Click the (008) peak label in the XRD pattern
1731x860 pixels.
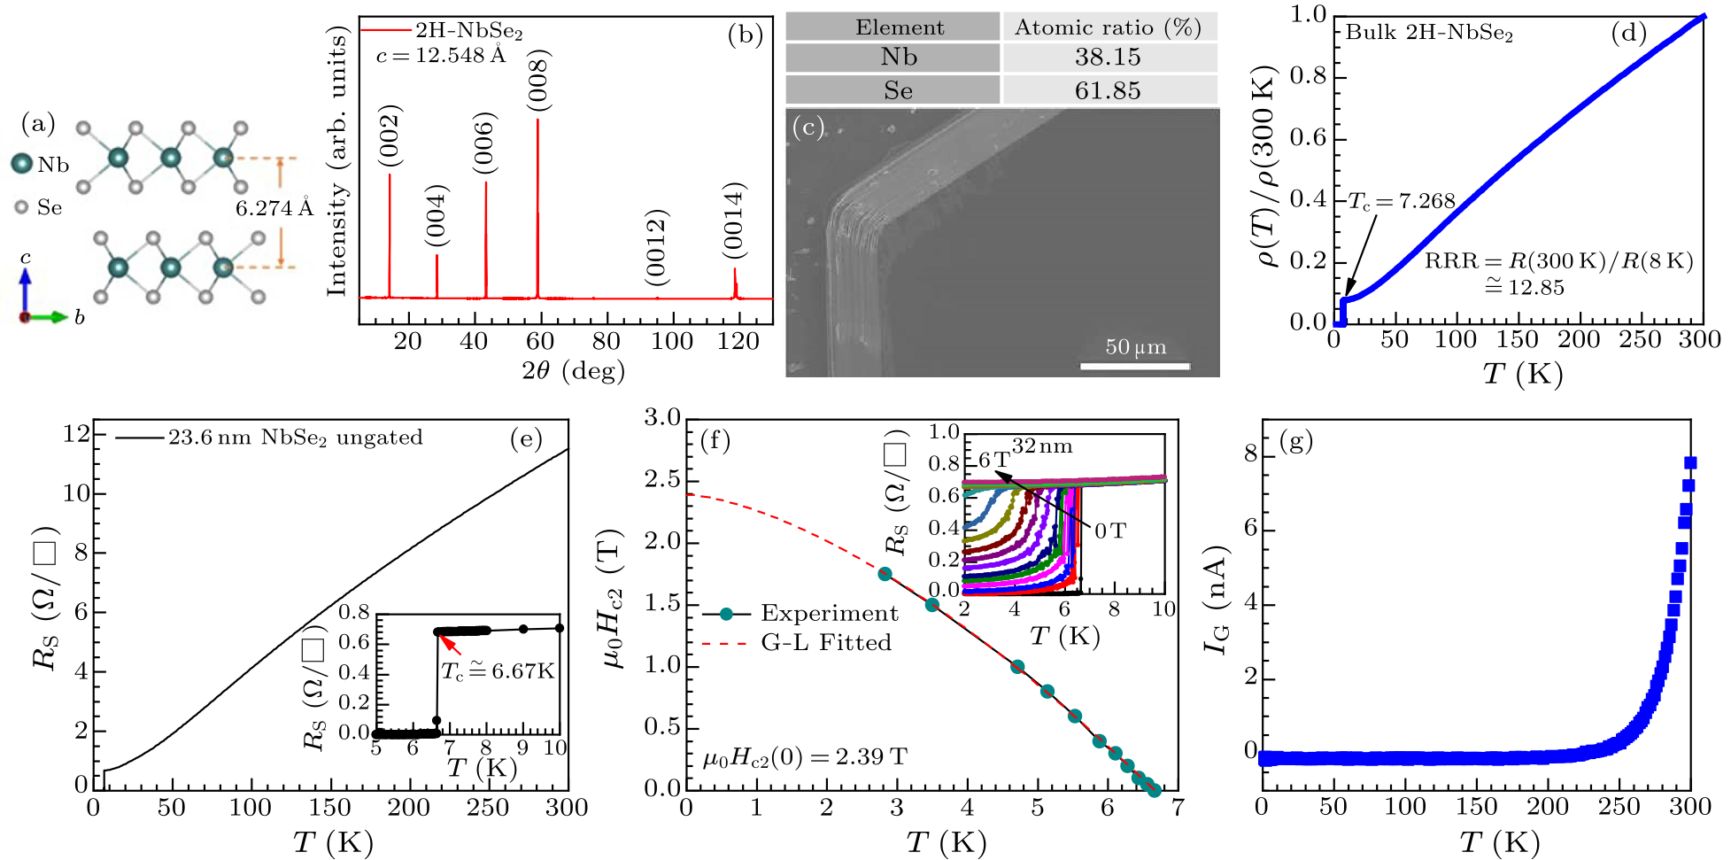(538, 81)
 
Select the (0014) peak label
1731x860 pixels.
(733, 221)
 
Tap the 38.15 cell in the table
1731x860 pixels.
(1108, 58)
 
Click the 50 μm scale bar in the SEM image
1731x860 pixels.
(1135, 364)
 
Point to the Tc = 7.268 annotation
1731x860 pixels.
(1402, 202)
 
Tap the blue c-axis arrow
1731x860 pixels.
(25, 288)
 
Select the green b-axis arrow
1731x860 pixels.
(49, 317)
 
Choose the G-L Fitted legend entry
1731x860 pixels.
(825, 642)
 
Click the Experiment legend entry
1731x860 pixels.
(829, 614)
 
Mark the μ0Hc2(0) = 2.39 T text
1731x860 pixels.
(805, 757)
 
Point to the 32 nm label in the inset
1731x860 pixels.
(1042, 446)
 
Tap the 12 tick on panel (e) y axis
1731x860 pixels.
(77, 434)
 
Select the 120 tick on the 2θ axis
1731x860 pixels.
(738, 341)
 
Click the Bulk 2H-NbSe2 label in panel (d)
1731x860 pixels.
(1429, 34)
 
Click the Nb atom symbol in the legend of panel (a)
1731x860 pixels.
(22, 164)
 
